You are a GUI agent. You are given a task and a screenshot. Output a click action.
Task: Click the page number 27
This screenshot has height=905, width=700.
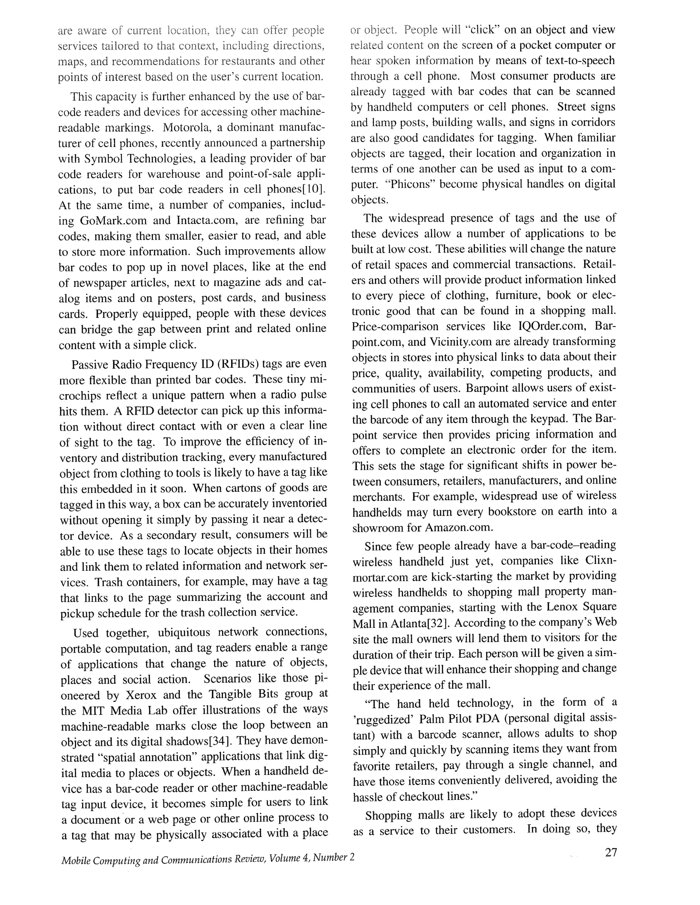click(x=610, y=853)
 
